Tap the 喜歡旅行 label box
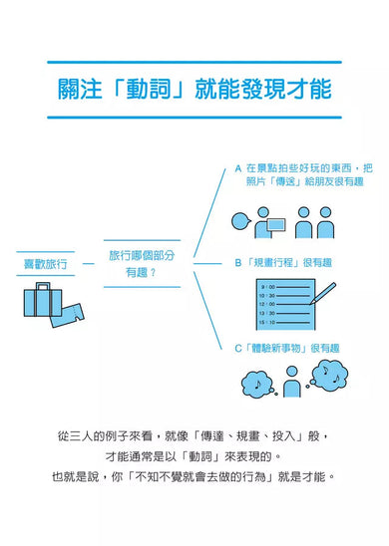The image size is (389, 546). point(46,264)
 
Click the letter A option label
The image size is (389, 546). point(237,168)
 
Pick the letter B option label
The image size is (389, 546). point(237,263)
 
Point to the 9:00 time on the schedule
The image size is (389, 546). point(270,287)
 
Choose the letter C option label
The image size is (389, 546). point(237,349)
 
